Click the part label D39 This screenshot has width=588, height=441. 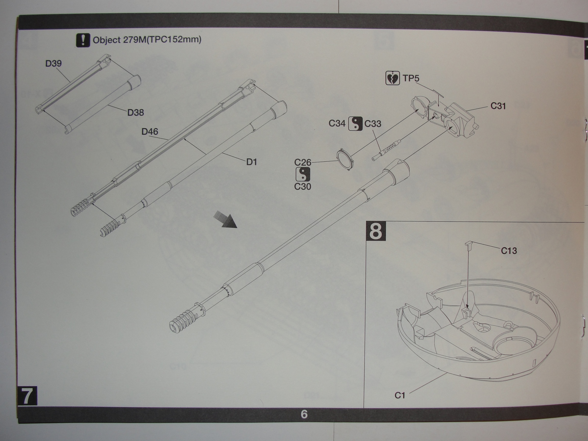[x=54, y=64]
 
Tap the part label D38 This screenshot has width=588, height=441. [x=136, y=112]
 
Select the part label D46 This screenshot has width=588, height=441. [x=150, y=131]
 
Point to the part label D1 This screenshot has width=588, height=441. [x=252, y=162]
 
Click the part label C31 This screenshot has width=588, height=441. [x=498, y=106]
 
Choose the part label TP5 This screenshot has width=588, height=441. [x=411, y=78]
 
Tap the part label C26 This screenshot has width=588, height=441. [x=303, y=162]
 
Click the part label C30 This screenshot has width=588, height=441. [x=303, y=187]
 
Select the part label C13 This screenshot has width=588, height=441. [x=509, y=251]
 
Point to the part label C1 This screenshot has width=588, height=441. [x=400, y=395]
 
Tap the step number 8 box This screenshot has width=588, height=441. [x=376, y=231]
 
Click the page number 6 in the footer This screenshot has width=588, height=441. [x=304, y=414]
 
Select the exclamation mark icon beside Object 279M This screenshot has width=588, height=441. [x=83, y=40]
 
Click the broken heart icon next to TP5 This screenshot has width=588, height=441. [x=392, y=78]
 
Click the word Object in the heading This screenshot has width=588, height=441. [x=107, y=40]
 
